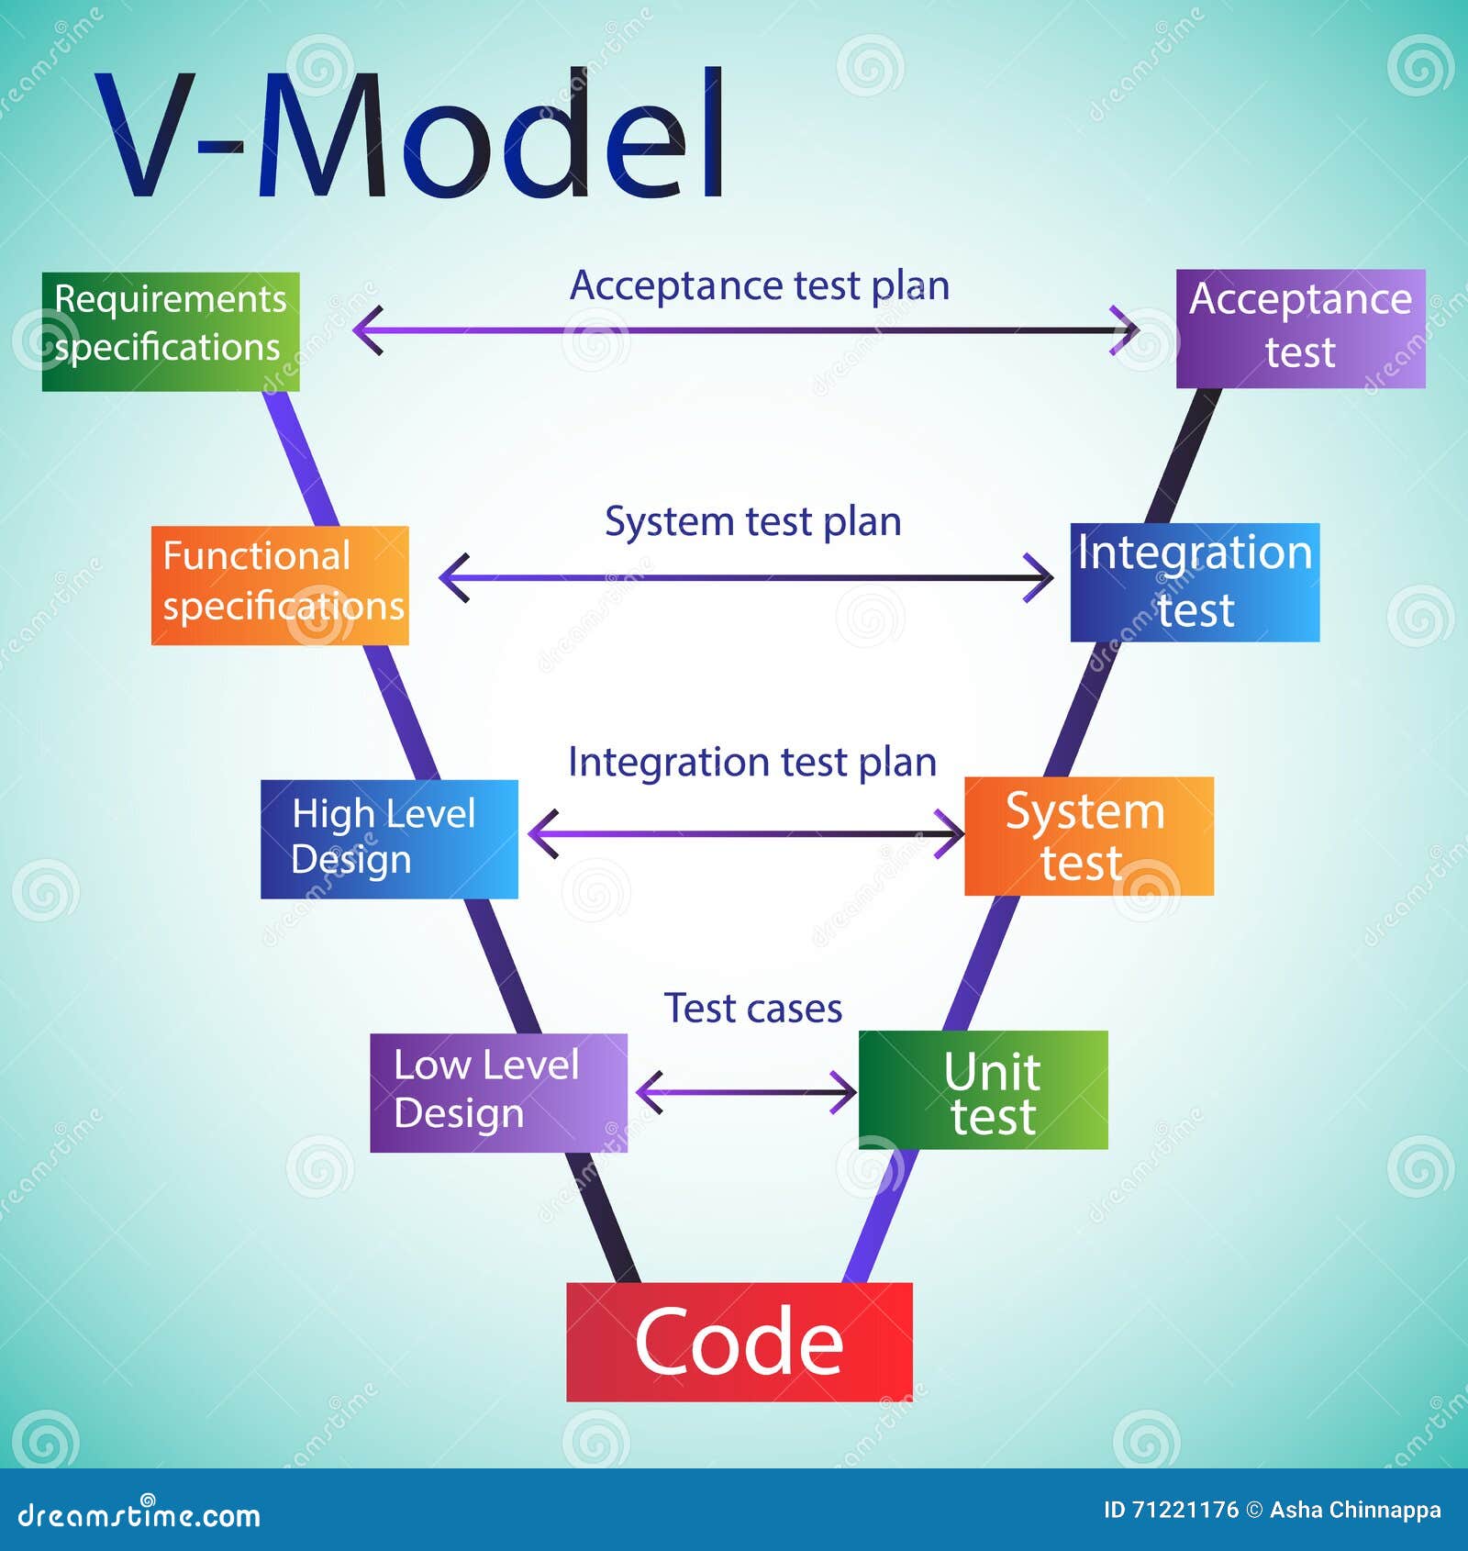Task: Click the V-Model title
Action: coord(409,134)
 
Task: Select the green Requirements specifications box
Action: coord(171,331)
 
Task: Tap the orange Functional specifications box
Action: coord(280,585)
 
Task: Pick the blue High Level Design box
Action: coord(389,839)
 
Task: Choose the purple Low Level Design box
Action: coord(498,1092)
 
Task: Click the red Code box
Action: coord(740,1341)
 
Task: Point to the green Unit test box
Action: coord(983,1089)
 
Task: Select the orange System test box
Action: coord(1089,836)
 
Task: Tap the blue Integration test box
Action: coord(1195,582)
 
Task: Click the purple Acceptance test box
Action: coord(1300,328)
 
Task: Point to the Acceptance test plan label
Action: coord(760,285)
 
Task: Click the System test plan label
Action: coord(752,521)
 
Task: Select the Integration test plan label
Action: coord(752,762)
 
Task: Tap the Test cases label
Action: coord(752,1009)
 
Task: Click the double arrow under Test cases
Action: coord(746,1092)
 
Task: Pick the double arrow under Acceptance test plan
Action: coord(746,329)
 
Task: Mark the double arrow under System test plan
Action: coord(746,578)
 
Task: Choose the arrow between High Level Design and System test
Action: coord(746,833)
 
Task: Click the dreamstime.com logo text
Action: coord(139,1515)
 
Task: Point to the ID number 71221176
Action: coord(1184,1510)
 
